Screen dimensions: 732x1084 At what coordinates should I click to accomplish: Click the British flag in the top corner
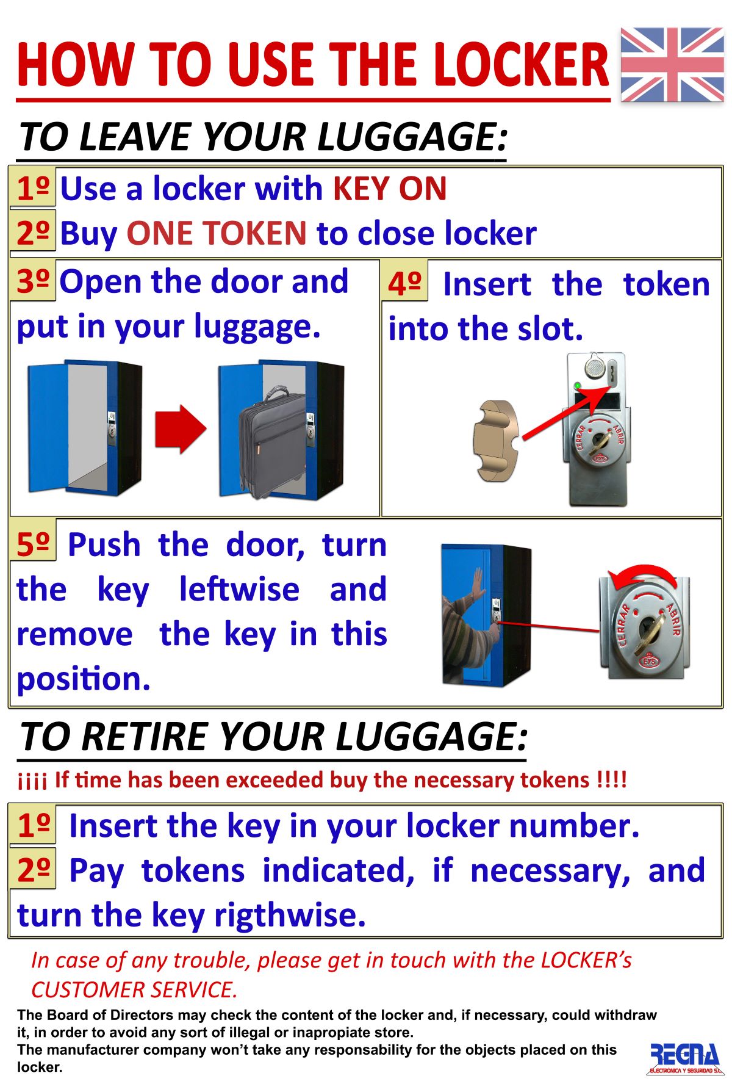(672, 65)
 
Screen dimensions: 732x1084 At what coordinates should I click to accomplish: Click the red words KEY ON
(390, 189)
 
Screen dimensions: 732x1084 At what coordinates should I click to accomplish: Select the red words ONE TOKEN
(217, 233)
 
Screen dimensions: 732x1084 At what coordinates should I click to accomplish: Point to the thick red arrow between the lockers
(181, 429)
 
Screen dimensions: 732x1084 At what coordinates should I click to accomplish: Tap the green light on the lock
(577, 386)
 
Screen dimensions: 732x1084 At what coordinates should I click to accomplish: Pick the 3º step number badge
(33, 280)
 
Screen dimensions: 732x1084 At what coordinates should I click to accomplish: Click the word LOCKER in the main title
(521, 65)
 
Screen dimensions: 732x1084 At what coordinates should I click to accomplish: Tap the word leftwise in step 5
(239, 589)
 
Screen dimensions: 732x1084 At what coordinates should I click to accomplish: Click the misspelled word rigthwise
(290, 916)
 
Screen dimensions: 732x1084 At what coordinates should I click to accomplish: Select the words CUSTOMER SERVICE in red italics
(134, 989)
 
